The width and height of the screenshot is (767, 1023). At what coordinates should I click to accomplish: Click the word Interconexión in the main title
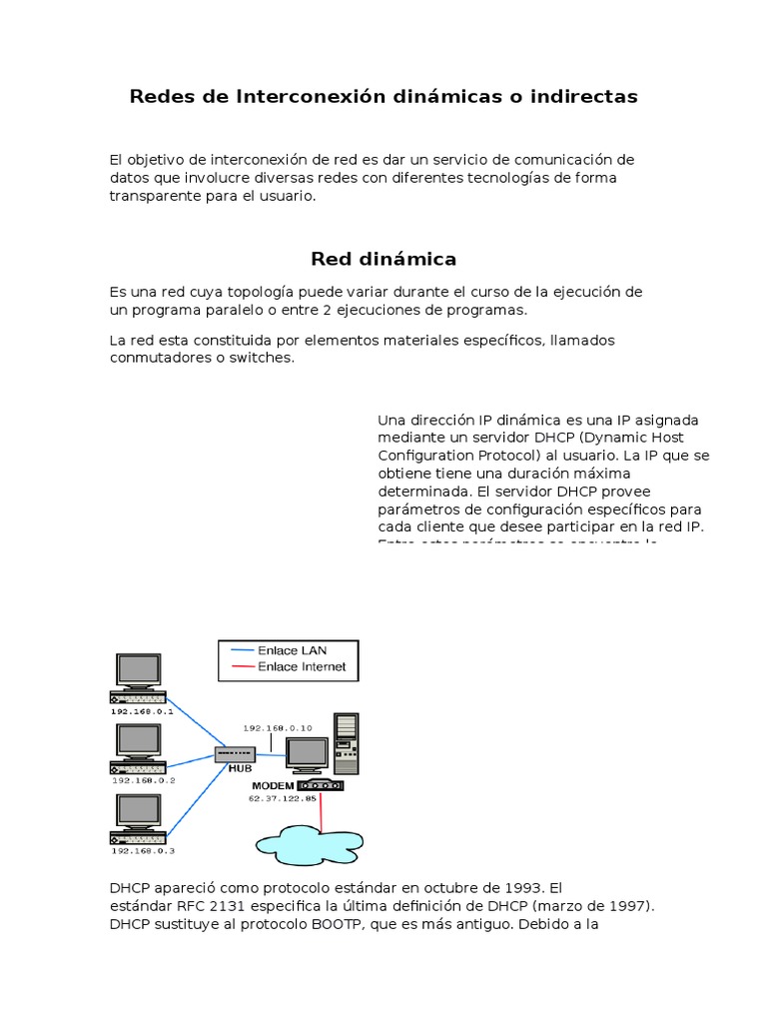pos(296,97)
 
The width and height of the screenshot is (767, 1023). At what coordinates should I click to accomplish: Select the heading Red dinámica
pos(383,259)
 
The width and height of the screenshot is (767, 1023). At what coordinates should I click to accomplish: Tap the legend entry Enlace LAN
pos(292,650)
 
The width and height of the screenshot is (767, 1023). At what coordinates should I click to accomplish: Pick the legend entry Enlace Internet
pos(302,666)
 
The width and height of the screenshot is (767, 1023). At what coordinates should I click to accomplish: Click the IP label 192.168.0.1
pos(143,711)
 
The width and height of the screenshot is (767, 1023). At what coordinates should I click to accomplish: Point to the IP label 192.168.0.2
pos(143,780)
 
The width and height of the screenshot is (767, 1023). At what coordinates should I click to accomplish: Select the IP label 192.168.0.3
pos(143,850)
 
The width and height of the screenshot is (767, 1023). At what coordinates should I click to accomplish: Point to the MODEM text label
pos(273,785)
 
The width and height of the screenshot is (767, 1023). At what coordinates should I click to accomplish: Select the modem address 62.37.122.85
pos(283,798)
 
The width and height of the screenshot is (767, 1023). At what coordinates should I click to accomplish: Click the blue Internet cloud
pos(310,843)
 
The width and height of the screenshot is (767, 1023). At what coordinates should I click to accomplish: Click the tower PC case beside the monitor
pos(346,743)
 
